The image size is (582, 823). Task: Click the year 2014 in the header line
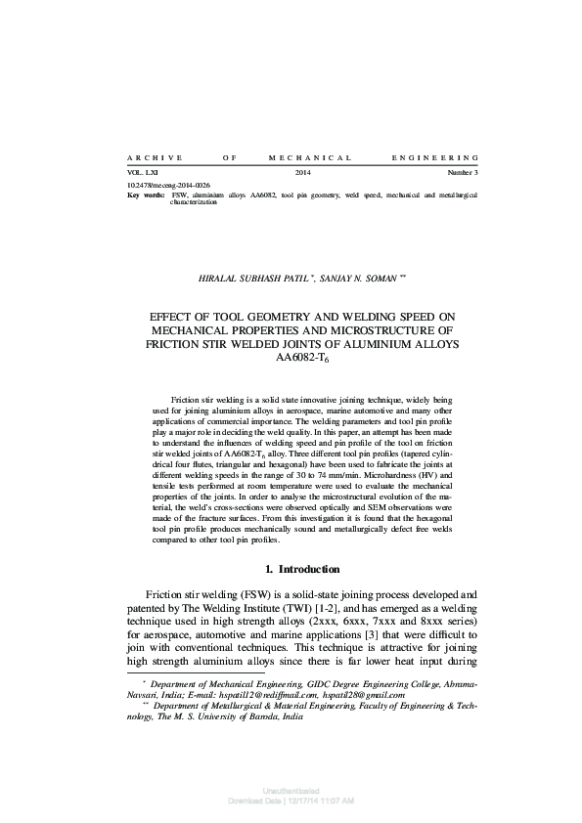[x=302, y=173]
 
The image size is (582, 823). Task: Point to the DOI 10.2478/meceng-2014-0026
[x=169, y=185]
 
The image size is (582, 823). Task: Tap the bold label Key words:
[x=147, y=195]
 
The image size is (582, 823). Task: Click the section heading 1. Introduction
[x=302, y=569]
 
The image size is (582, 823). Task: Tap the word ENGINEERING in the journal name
[x=434, y=156]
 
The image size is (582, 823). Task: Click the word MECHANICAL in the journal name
[x=309, y=156]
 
